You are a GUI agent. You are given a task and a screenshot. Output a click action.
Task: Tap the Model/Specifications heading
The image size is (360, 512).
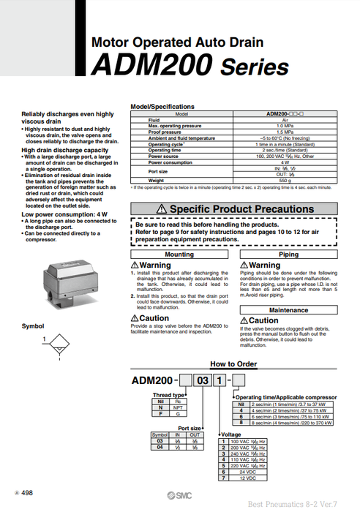pos(163,107)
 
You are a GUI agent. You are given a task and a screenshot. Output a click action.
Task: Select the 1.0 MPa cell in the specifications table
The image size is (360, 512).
pos(282,126)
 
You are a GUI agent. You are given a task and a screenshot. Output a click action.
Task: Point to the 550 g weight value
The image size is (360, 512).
pos(282,180)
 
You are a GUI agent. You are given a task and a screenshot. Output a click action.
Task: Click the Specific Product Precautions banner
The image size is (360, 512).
pos(234,209)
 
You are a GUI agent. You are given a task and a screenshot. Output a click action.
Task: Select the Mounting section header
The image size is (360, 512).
pos(180,255)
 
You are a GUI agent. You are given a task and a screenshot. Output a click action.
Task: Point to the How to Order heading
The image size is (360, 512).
pos(233,364)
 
